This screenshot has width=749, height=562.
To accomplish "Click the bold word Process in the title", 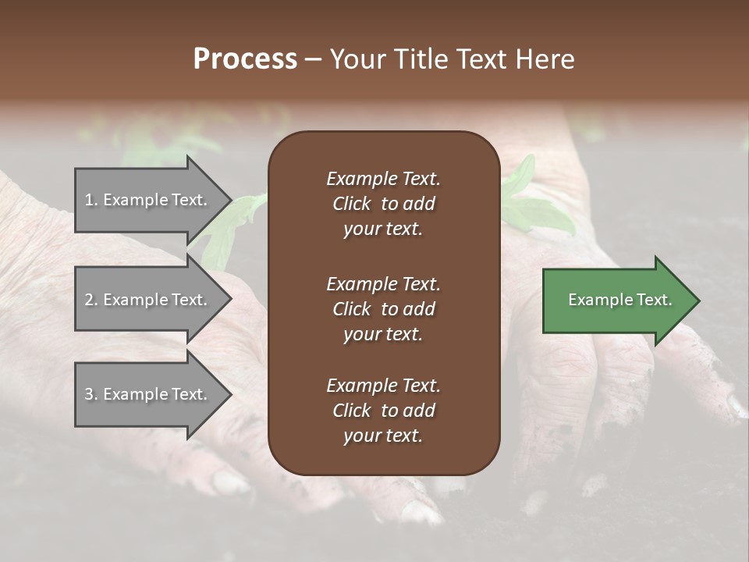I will (245, 59).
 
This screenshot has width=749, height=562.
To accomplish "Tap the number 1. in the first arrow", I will (91, 200).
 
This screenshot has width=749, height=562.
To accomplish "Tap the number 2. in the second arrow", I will (91, 300).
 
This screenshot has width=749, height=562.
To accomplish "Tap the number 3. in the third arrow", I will (91, 394).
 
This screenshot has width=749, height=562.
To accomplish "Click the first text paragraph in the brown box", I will (383, 204).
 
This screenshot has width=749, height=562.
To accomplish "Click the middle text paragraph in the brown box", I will (383, 308).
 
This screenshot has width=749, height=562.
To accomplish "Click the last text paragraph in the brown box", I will (383, 411).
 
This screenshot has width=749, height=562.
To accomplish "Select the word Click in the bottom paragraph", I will (352, 411).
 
